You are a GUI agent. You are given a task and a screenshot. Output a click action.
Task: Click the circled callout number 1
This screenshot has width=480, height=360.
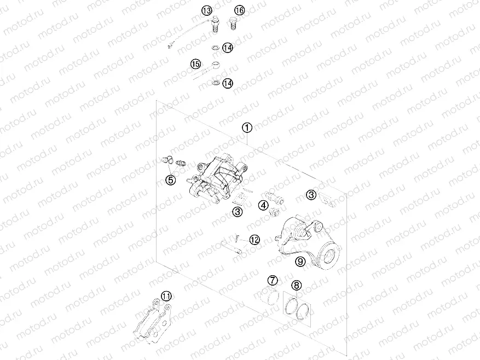(247, 128)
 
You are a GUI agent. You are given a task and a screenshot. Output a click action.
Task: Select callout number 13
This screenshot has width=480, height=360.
(206, 10)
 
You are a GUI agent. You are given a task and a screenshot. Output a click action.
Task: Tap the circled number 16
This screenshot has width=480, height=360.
(240, 10)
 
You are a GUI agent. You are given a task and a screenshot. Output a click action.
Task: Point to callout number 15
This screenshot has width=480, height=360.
(196, 65)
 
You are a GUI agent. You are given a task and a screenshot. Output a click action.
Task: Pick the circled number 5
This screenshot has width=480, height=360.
(171, 179)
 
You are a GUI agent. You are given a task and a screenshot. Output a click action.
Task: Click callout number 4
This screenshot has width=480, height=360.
(264, 206)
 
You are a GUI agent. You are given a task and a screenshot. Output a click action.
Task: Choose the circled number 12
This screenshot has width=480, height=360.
(255, 239)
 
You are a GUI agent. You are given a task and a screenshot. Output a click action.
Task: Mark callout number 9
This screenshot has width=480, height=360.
(300, 262)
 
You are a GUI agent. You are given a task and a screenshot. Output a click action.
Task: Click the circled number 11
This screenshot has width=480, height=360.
(166, 296)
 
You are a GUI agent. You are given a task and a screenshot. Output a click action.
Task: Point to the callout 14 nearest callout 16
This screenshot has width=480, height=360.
(227, 48)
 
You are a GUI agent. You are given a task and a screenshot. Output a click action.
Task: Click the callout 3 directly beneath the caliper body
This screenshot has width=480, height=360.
(237, 212)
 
